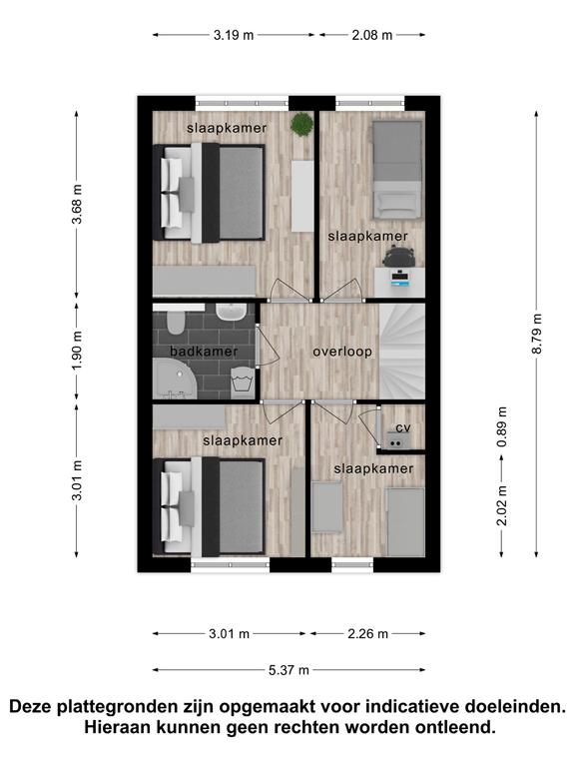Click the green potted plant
[x=301, y=124]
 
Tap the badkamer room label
[x=204, y=352]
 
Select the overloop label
[x=342, y=352]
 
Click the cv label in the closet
[x=403, y=428]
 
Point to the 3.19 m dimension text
[x=234, y=35]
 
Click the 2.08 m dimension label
[x=372, y=35]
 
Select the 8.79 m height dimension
[x=537, y=335]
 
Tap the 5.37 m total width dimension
[x=288, y=670]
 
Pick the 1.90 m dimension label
[x=77, y=351]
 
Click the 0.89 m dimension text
[x=502, y=427]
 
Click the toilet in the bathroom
[x=175, y=322]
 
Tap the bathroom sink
[x=232, y=312]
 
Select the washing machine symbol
[x=242, y=380]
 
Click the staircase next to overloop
[x=402, y=352]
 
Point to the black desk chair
[x=398, y=257]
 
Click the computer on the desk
[x=400, y=279]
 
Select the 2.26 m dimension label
[x=368, y=634]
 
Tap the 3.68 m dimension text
[x=77, y=204]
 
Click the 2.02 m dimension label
[x=502, y=505]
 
